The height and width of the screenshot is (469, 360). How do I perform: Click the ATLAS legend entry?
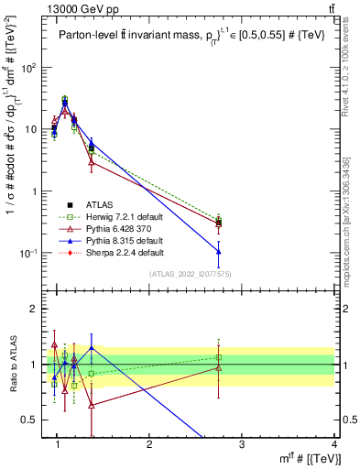click(100, 203)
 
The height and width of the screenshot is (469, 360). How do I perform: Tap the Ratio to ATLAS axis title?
click(14, 365)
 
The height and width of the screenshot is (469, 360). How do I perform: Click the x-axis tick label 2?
click(150, 444)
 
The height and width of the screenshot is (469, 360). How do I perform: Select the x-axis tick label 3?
click(242, 444)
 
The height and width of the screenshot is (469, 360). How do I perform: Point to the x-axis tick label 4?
click(333, 444)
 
